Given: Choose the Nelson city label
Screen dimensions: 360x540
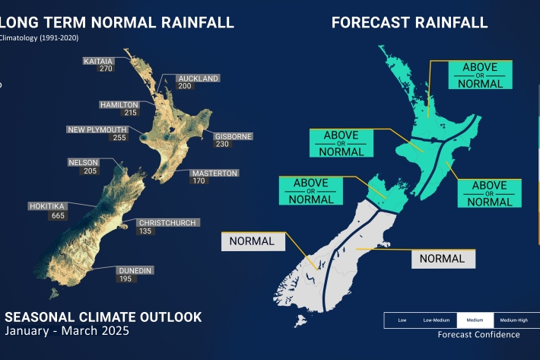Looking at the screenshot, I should (84, 162).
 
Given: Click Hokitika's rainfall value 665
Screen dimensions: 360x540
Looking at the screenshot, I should (45, 215).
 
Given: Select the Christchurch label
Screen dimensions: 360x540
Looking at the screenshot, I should (167, 223).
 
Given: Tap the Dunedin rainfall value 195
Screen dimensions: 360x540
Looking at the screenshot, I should (125, 279).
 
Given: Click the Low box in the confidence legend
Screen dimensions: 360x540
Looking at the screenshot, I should (402, 320).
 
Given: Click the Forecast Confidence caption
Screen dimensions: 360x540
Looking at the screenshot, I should (478, 334).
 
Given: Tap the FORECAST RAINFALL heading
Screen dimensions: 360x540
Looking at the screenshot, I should (409, 22).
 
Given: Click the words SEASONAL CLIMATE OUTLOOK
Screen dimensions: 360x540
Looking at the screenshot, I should (103, 317).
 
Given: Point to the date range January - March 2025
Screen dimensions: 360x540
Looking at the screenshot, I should (68, 331).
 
